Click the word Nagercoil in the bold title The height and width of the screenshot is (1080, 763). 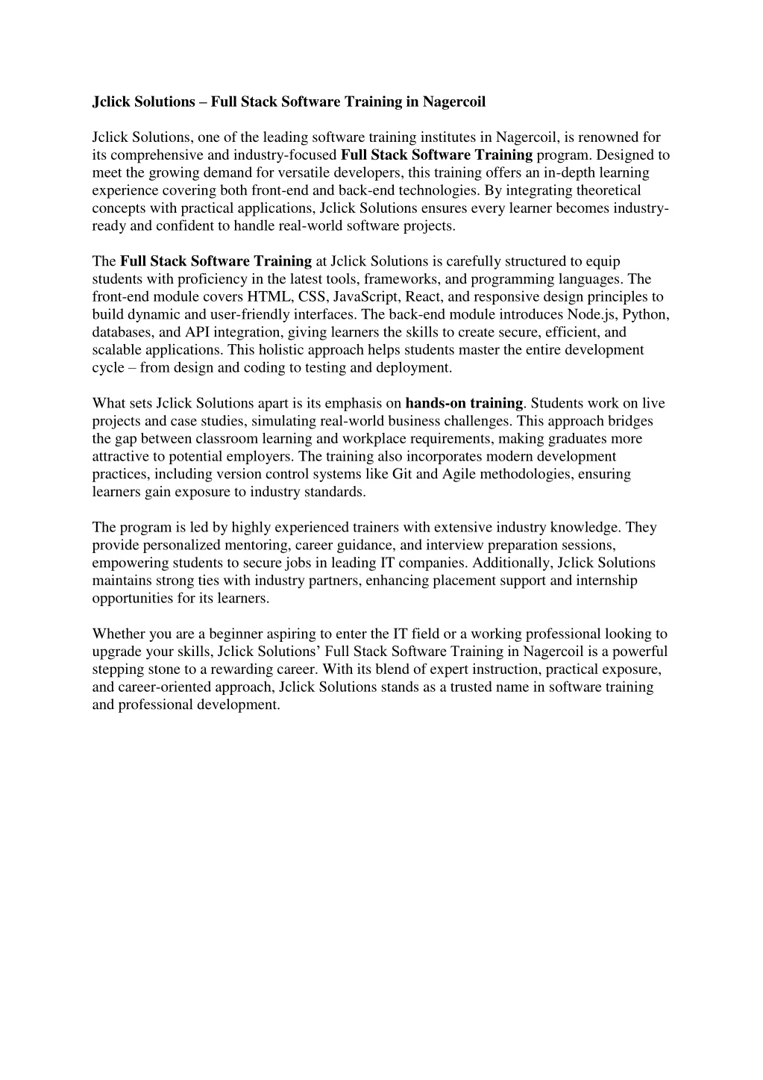[454, 102]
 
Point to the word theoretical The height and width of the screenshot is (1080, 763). [608, 190]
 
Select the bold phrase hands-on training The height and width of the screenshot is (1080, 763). [464, 404]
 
